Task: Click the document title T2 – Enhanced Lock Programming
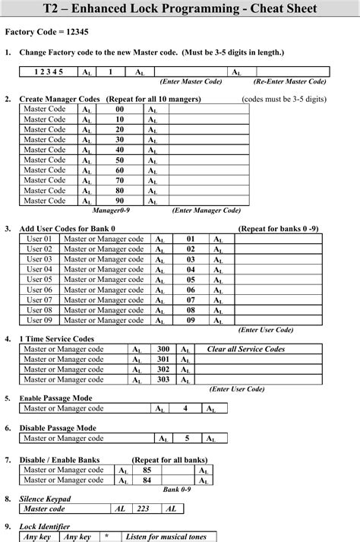(x=180, y=10)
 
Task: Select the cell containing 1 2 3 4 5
(x=48, y=71)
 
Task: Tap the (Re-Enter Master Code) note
(x=291, y=81)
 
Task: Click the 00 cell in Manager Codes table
(x=119, y=109)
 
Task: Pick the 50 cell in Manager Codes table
(x=119, y=160)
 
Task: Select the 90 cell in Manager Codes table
(x=119, y=201)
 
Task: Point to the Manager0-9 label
(x=111, y=211)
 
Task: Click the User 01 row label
(x=39, y=239)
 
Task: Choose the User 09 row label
(x=39, y=320)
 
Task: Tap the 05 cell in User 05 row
(x=191, y=280)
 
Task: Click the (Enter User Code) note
(x=266, y=330)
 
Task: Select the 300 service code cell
(x=163, y=349)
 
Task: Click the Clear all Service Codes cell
(x=245, y=349)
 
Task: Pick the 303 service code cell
(x=163, y=379)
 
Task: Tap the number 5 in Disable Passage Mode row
(x=187, y=439)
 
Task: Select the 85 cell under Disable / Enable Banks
(x=147, y=471)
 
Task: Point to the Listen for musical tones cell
(x=166, y=537)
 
